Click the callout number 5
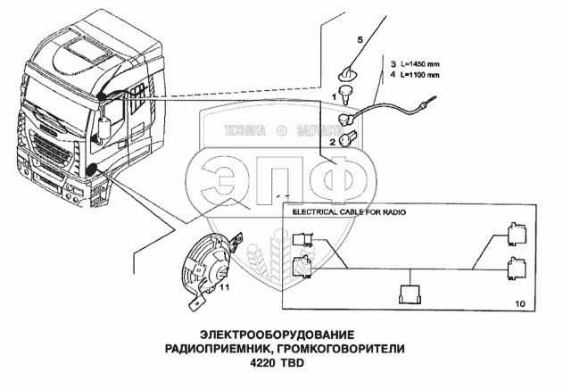click(x=360, y=41)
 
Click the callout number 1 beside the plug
click(x=334, y=95)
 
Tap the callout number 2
click(x=333, y=142)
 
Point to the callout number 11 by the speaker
click(x=225, y=288)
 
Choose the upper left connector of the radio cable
click(x=301, y=238)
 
